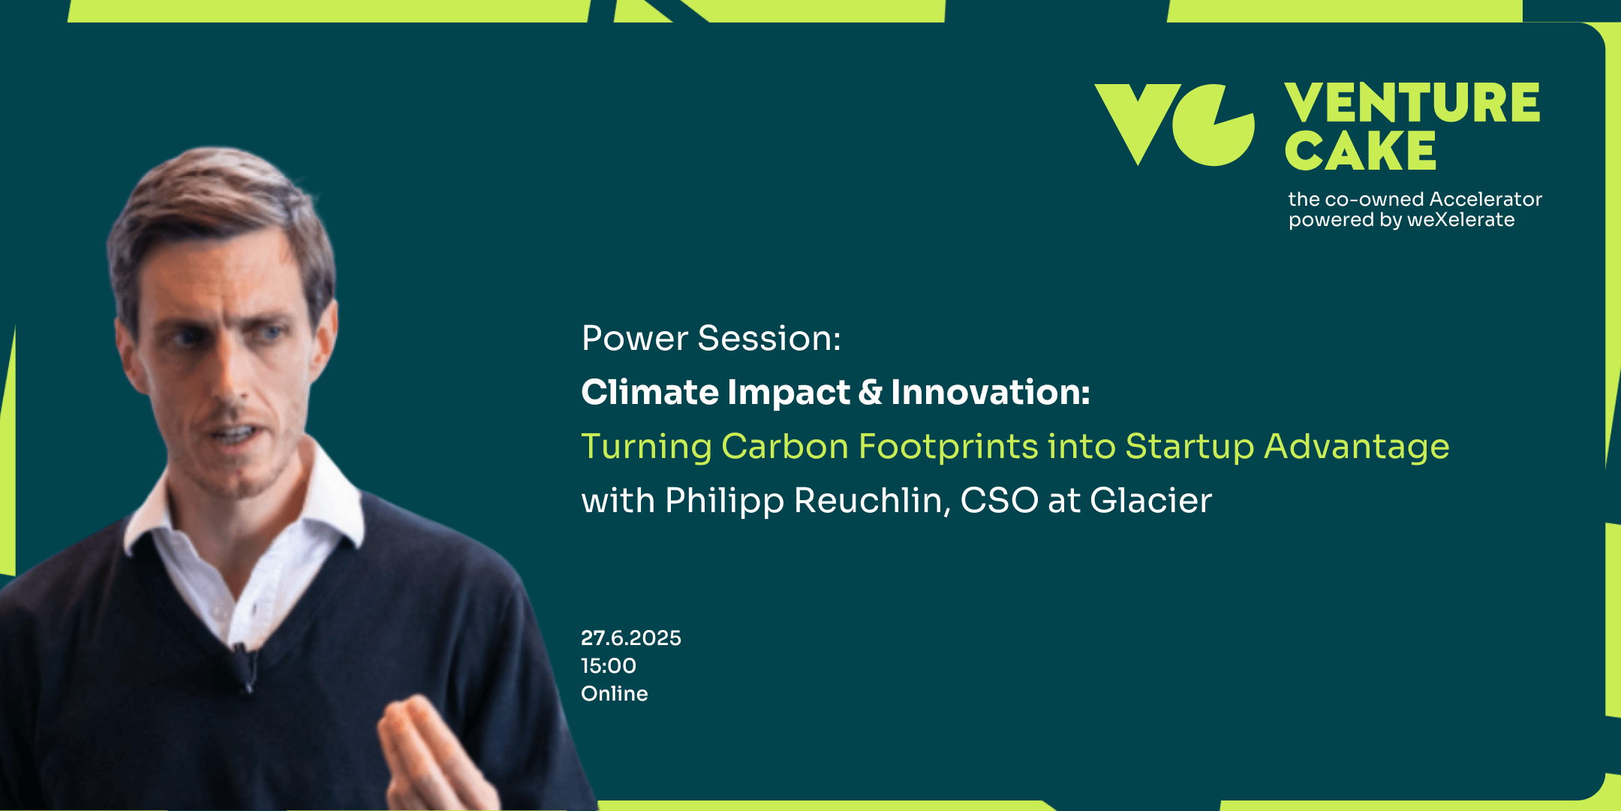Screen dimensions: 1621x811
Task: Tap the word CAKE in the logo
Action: click(x=1360, y=150)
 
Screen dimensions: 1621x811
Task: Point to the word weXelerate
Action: click(x=1460, y=219)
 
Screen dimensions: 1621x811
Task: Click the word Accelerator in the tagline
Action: click(x=1486, y=199)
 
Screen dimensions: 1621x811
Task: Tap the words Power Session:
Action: click(x=711, y=338)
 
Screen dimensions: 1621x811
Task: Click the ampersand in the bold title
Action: click(x=871, y=392)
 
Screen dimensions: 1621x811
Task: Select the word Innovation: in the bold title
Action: click(x=991, y=392)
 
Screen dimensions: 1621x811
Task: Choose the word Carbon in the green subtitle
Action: click(x=785, y=447)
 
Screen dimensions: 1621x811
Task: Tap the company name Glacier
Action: click(x=1150, y=501)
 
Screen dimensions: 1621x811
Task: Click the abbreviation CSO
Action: click(x=1000, y=501)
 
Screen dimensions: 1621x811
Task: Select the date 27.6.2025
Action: click(x=631, y=638)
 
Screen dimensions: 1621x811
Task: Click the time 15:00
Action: click(x=609, y=666)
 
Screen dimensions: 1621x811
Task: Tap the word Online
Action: click(x=615, y=694)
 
